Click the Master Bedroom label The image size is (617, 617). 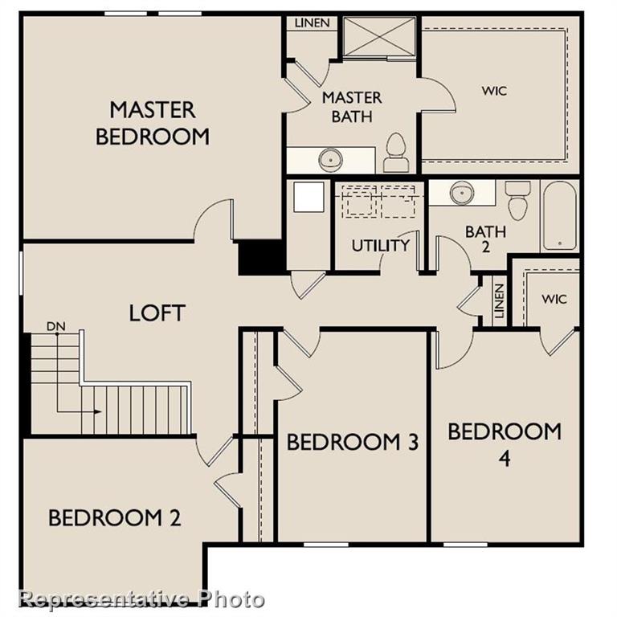[153, 122]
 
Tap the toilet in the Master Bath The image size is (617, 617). [395, 153]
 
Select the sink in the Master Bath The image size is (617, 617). [330, 159]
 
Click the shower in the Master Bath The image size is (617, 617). [379, 36]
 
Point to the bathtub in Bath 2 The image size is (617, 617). [559, 215]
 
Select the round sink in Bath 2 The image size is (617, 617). [462, 193]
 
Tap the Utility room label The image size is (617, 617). [380, 245]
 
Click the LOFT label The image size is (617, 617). [157, 313]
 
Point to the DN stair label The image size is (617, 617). [55, 326]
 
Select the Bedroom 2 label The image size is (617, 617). [114, 518]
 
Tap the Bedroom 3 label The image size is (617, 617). [352, 442]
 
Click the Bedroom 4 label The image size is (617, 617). [505, 443]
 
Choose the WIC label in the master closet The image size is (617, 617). [494, 91]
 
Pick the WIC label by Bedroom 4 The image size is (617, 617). [554, 299]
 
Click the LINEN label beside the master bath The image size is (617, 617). [311, 22]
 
